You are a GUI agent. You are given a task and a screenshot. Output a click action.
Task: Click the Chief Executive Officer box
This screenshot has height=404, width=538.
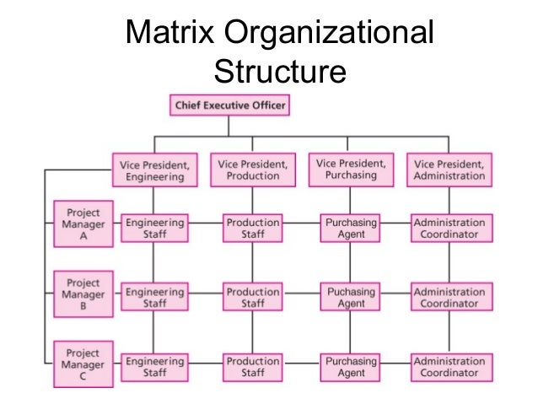coord(230,106)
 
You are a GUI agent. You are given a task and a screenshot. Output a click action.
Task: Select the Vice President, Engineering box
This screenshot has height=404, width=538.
coord(153,170)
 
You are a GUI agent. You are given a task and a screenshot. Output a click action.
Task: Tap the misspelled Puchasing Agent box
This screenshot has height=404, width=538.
coord(351,297)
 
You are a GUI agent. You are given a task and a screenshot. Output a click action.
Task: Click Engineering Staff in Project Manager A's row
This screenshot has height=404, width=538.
coord(153,229)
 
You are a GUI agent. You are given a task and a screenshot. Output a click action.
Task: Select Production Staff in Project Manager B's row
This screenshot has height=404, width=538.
coord(252,297)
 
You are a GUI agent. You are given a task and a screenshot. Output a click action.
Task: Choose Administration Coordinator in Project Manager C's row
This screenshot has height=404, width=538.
coord(449,367)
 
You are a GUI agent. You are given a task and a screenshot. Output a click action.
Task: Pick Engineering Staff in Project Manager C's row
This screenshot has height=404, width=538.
coord(153,367)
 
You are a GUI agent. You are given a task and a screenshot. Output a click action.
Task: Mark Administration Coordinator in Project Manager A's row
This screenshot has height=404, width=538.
coord(449,229)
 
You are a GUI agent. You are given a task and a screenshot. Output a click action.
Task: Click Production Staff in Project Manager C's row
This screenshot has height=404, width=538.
coord(252,367)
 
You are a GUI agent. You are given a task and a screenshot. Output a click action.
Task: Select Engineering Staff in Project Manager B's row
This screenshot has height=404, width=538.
coord(153,297)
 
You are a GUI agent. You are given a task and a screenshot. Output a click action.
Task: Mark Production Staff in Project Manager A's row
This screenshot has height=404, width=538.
coord(252,229)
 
